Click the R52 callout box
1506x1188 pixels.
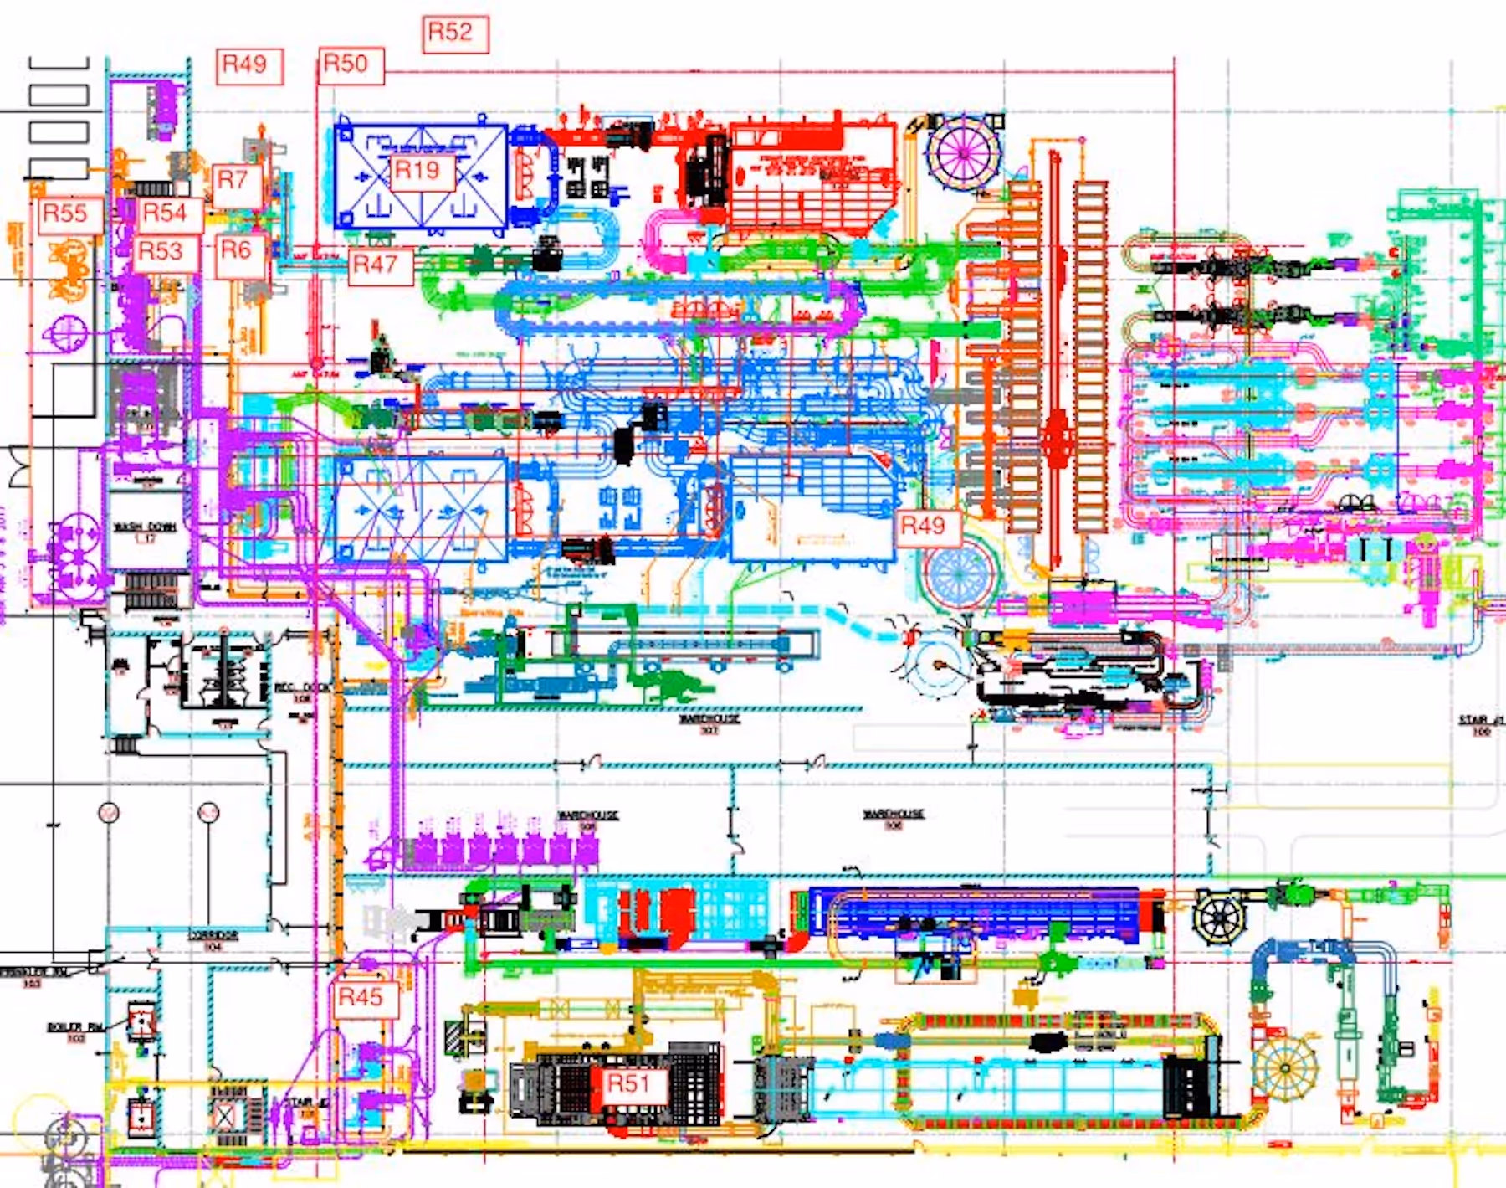455,34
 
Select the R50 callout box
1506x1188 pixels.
351,65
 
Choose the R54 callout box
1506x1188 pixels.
168,214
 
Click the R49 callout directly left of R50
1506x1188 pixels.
248,66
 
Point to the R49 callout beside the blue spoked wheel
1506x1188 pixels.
926,527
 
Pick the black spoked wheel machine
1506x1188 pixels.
1220,918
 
